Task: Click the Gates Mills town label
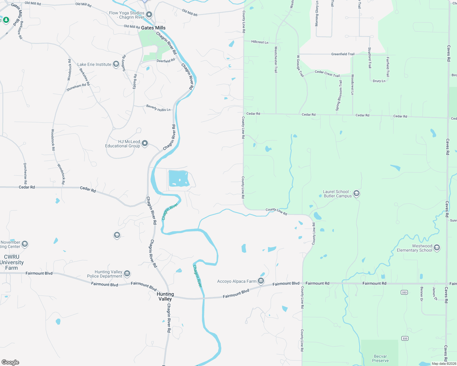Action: tap(153, 28)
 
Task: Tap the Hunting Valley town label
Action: tap(165, 296)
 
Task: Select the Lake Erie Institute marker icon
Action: tap(116, 64)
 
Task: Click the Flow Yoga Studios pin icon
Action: tap(149, 14)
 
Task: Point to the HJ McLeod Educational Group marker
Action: tap(145, 143)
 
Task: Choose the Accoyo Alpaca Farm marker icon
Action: tap(261, 281)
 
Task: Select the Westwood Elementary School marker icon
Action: tap(437, 247)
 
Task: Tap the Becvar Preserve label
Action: tap(380, 358)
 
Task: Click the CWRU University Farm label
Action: tap(12, 262)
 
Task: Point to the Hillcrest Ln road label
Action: tap(260, 42)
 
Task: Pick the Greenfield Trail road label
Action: tap(343, 54)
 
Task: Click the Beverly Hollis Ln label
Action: tap(158, 108)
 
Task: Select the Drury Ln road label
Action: tap(379, 81)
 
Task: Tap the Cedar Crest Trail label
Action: tap(327, 74)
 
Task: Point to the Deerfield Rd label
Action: tap(166, 61)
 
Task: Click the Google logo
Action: tap(10, 362)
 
